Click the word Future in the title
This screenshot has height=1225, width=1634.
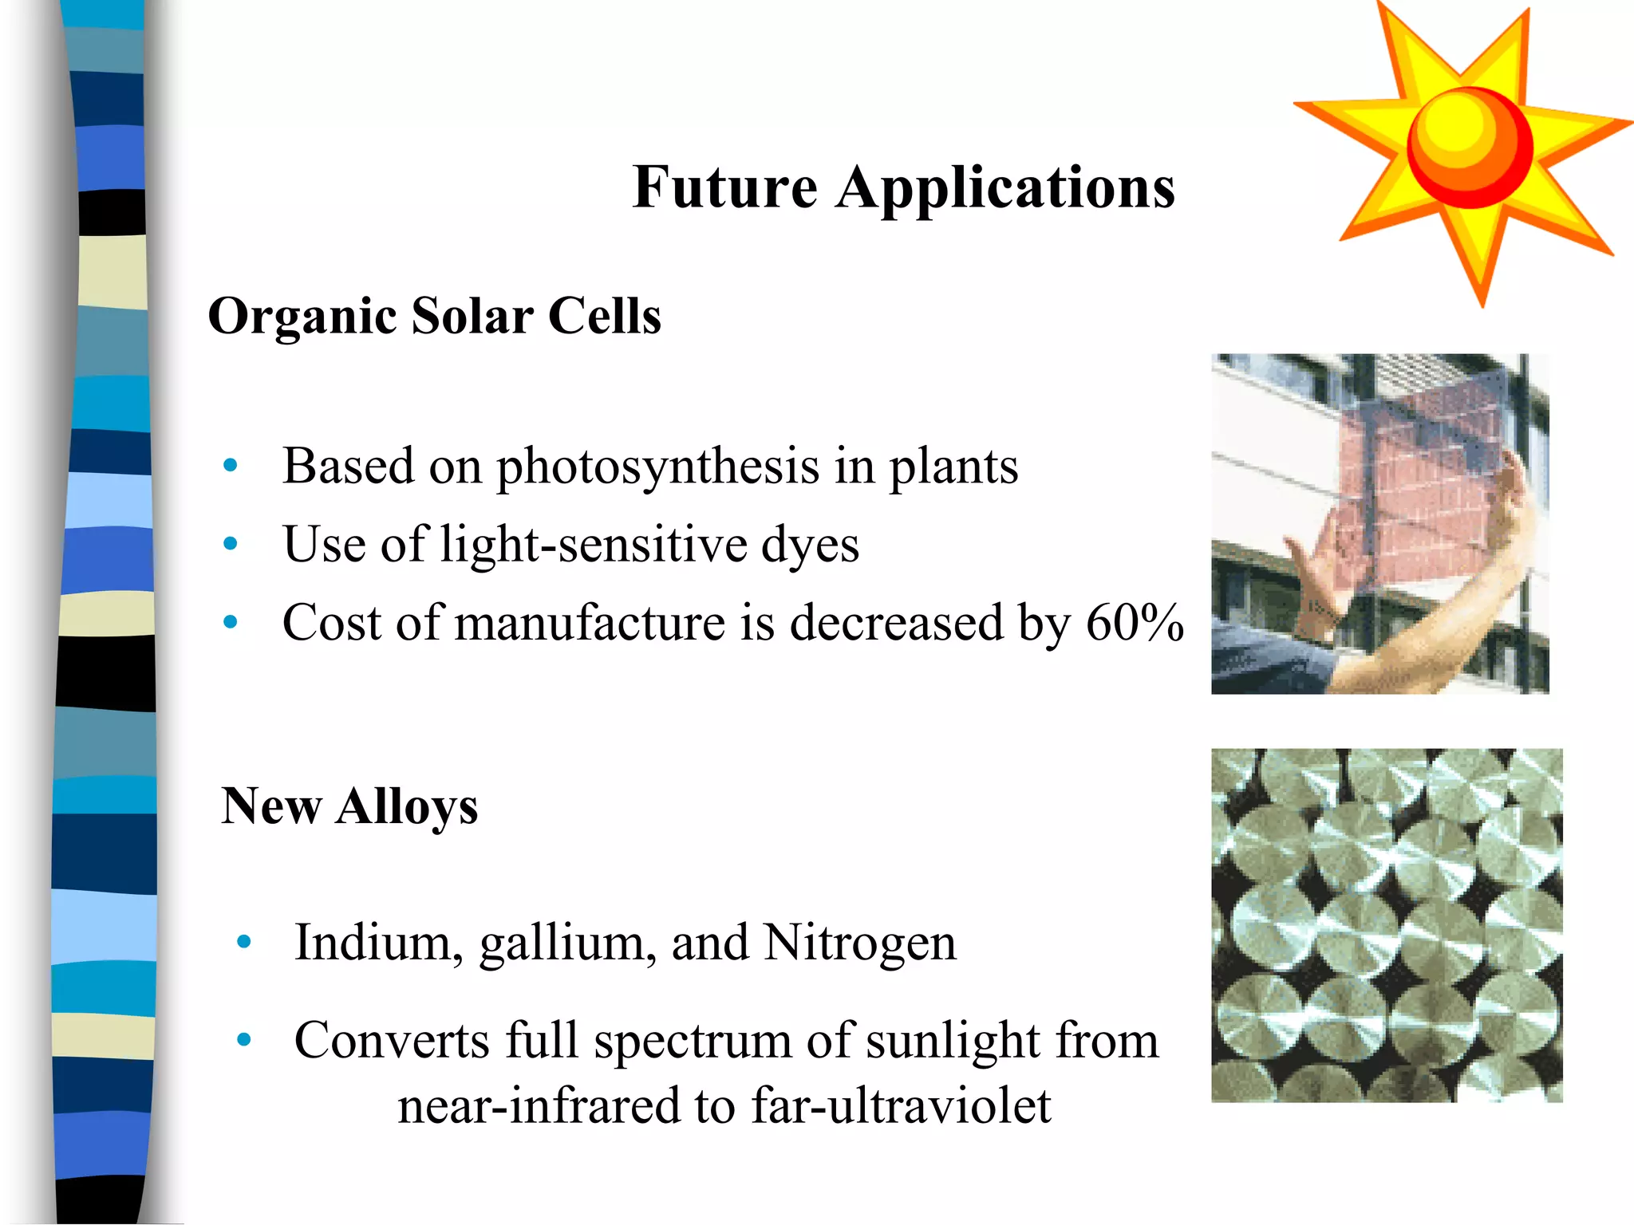click(x=724, y=187)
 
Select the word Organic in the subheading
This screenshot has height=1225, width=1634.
click(x=302, y=316)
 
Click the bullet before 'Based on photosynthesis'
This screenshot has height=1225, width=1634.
click(x=231, y=465)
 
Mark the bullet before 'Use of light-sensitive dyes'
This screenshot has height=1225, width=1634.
click(x=231, y=544)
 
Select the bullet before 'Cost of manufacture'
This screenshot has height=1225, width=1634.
click(x=231, y=622)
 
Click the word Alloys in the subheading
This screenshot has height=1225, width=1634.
click(x=407, y=806)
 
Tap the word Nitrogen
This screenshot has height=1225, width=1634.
click(x=859, y=943)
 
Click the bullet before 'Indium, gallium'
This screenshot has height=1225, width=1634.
click(x=244, y=943)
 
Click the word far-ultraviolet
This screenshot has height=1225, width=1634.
click(x=901, y=1106)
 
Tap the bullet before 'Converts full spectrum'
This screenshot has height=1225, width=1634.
click(x=244, y=1040)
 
